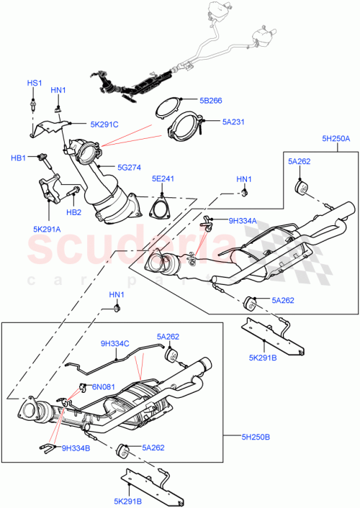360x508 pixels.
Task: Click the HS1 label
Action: pos(35,83)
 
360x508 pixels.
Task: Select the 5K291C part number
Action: pos(104,124)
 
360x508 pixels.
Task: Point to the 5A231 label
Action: pos(234,122)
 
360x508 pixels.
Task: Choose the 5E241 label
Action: pos(163,178)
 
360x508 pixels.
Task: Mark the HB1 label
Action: pos(18,158)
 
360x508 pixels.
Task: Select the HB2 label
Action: pos(74,213)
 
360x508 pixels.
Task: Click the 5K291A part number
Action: pos(48,230)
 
